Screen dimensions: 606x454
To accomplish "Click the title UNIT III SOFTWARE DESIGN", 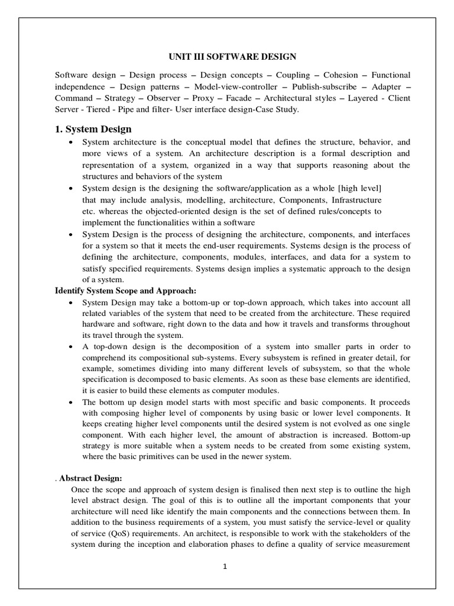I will pos(227,57).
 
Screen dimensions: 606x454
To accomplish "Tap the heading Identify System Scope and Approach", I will pos(125,291).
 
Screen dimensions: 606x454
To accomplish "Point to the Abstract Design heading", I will pos(90,478).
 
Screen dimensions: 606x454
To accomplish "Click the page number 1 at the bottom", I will pos(225,566).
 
